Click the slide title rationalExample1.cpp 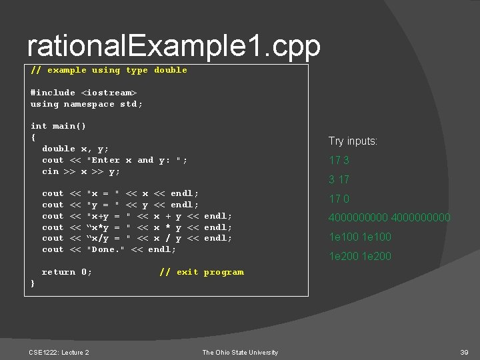pos(173,45)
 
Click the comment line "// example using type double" pos(109,70)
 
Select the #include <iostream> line pos(83,93)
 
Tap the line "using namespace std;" pos(87,104)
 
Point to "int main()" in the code pos(58,126)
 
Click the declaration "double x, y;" pos(75,149)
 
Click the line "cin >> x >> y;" pos(81,171)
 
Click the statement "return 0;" pos(67,272)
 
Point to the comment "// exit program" pos(201,272)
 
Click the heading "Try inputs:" pos(353,141)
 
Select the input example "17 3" pos(339,160)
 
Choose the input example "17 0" pos(339,198)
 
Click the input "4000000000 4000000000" pos(389,217)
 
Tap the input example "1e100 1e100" pos(359,237)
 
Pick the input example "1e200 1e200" pos(359,256)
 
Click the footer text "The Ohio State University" pos(240,352)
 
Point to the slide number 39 pos(464,352)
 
